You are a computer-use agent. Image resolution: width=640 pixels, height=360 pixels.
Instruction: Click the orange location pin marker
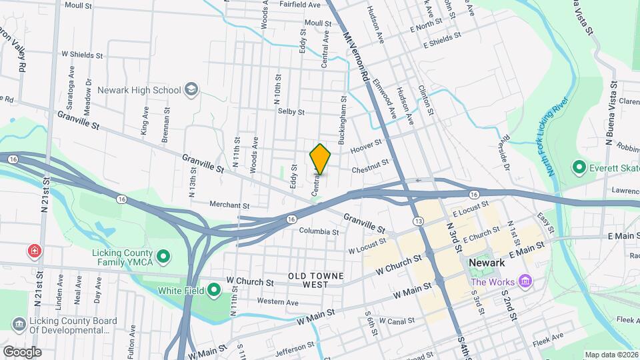(320, 159)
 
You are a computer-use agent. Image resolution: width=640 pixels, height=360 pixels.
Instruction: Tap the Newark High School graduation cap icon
(191, 90)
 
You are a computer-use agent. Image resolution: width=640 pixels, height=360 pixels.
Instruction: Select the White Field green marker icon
(213, 290)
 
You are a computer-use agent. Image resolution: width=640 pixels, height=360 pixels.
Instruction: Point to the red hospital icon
(33, 251)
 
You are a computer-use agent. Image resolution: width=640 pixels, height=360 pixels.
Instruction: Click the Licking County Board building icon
(19, 324)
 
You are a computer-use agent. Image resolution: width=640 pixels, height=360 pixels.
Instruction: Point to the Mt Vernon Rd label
(357, 56)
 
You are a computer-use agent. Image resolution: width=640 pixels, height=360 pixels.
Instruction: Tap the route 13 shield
(419, 221)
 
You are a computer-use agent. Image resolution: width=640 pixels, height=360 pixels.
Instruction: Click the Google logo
(22, 351)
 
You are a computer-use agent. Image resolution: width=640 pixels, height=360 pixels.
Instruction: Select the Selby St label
(291, 112)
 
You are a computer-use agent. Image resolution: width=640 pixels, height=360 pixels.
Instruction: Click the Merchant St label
(229, 205)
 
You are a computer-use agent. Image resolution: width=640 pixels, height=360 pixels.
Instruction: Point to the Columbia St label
(319, 231)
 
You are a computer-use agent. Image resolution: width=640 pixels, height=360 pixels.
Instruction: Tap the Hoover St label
(366, 144)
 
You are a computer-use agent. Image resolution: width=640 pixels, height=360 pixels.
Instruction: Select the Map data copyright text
(611, 355)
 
